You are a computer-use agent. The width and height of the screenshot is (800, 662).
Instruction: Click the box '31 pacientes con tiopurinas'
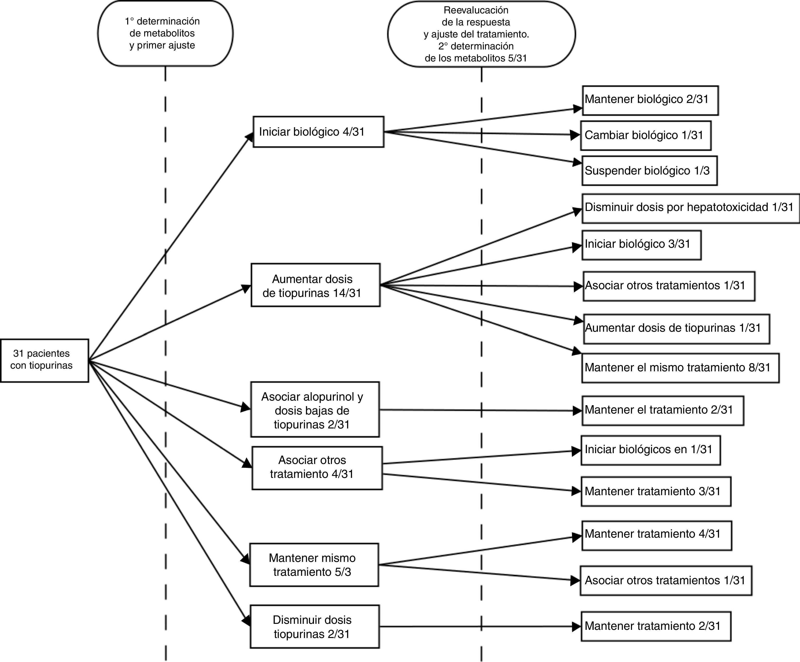tap(45, 360)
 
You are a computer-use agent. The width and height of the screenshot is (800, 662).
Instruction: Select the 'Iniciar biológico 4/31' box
tap(319, 132)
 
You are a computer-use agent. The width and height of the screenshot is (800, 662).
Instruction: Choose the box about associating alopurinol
tap(315, 409)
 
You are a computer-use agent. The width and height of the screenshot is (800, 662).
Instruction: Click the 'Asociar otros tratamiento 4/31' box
tap(317, 468)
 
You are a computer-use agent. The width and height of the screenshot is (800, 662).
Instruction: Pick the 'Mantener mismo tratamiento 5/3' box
tap(314, 565)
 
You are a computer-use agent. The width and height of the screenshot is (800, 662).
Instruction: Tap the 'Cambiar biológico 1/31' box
tap(646, 136)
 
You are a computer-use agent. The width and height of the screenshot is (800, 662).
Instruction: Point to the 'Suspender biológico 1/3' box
tap(650, 171)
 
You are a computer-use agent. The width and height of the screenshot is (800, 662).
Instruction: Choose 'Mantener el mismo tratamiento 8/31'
tap(680, 368)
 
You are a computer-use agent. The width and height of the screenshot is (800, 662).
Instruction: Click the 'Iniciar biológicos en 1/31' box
tap(651, 450)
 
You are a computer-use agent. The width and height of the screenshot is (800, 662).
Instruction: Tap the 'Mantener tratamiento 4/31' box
tap(657, 536)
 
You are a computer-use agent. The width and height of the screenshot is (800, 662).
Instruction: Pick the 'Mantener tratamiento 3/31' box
tap(656, 491)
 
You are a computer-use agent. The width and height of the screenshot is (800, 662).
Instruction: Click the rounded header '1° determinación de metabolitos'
tap(165, 34)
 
